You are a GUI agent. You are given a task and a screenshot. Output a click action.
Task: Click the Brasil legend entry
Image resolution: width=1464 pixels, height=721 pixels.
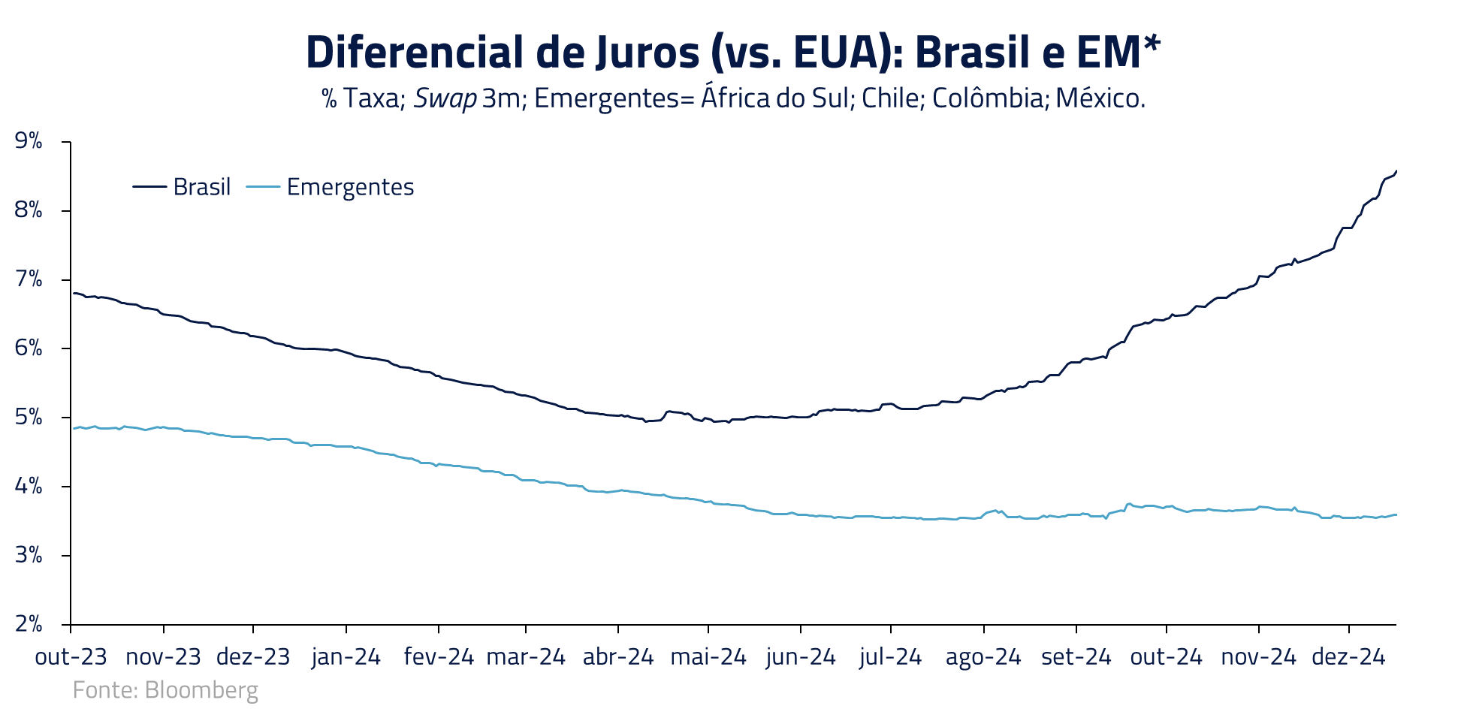coord(182,186)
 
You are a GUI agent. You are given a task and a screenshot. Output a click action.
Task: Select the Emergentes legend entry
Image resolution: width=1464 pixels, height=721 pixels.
coord(331,187)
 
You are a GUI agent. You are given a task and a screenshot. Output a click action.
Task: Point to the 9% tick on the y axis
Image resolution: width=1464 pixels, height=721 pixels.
coord(29,141)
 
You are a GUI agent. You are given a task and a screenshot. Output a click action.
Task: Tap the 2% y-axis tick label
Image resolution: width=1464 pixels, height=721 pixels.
coord(29,624)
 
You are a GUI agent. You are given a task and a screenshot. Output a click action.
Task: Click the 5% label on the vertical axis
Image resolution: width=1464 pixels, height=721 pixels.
coord(29,418)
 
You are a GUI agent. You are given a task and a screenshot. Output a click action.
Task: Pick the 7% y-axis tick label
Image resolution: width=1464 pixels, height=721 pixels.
coord(29,279)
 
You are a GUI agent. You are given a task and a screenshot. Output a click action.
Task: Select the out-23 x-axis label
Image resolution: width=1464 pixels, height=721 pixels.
coord(71,657)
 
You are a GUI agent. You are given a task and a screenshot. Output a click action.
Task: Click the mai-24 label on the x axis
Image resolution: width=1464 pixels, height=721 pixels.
coord(708,657)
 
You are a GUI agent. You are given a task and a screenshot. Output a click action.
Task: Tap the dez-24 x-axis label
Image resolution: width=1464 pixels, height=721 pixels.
coord(1348,657)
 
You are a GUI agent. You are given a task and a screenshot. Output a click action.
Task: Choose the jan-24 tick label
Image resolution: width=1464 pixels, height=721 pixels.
coord(346,657)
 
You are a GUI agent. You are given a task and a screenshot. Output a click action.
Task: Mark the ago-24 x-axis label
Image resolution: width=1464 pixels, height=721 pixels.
coord(983,657)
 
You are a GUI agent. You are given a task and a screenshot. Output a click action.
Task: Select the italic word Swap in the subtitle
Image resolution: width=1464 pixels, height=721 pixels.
coord(445,98)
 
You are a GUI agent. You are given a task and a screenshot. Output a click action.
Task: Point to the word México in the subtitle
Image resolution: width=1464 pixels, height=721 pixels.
coord(1100,98)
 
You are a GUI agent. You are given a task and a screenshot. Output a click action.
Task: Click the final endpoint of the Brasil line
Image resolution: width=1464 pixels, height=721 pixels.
coord(1396,170)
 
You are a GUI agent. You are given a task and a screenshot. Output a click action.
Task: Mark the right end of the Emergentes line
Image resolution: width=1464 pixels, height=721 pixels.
coord(1396,514)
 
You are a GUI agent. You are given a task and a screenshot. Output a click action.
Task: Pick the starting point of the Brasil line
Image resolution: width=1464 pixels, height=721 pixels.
coord(73,293)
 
